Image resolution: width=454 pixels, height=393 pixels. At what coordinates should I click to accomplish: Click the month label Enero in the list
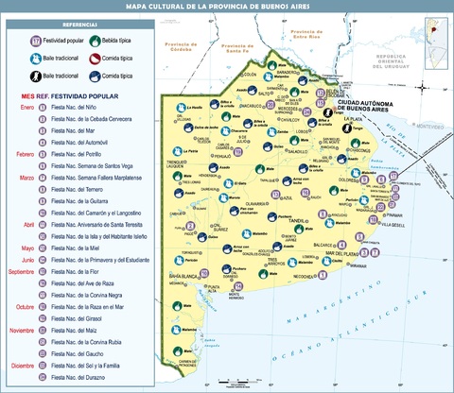[27, 107]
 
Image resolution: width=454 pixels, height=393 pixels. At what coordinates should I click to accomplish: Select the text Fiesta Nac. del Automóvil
[80, 141]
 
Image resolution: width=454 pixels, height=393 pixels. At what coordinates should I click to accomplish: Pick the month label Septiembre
[22, 271]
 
